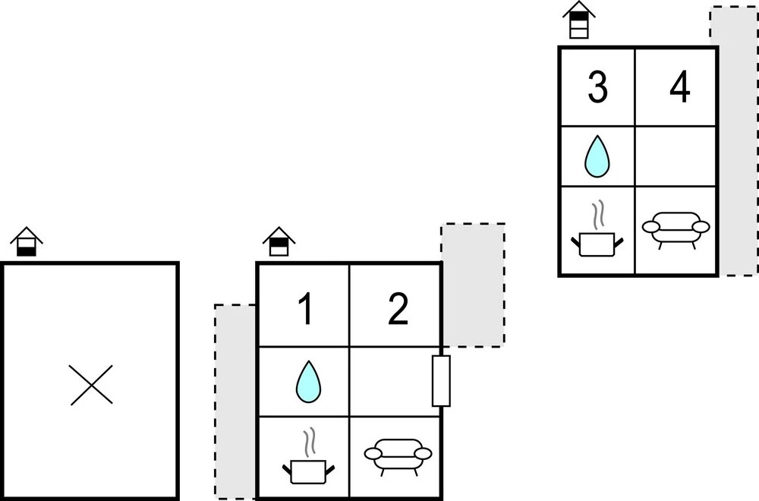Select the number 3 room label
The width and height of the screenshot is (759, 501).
(598, 88)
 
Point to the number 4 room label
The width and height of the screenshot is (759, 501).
(679, 88)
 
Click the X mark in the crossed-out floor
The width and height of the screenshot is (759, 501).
(91, 385)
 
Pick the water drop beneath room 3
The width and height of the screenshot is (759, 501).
(597, 156)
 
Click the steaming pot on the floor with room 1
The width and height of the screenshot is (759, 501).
(308, 462)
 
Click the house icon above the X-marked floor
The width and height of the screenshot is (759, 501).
(27, 241)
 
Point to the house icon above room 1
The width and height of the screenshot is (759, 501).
(279, 241)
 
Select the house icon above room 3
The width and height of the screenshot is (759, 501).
(578, 19)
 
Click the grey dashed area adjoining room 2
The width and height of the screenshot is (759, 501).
(473, 284)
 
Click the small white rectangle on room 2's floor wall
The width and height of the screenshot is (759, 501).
(441, 380)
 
